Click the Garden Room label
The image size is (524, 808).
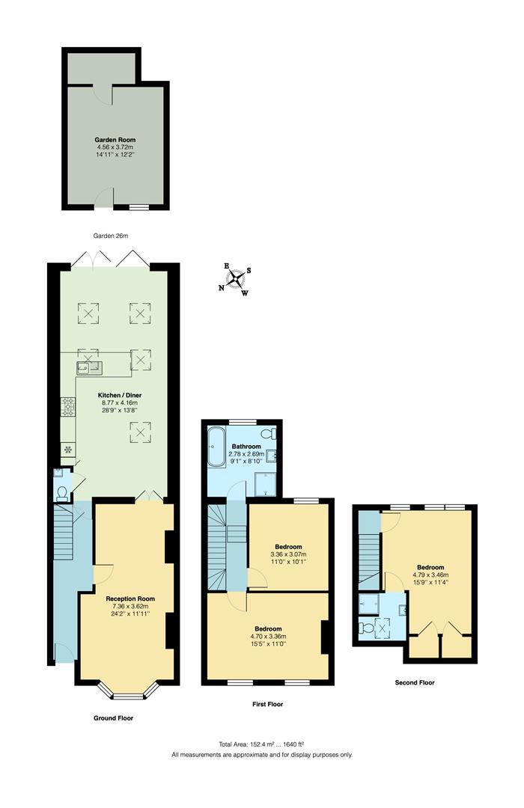(x=115, y=140)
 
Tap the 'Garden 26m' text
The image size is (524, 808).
(x=111, y=236)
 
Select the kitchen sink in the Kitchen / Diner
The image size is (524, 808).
(x=88, y=367)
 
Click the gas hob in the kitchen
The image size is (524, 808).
(x=68, y=405)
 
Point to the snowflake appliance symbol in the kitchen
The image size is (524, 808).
(x=68, y=450)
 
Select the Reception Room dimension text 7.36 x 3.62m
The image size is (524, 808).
(x=130, y=606)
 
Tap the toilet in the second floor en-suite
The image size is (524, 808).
(x=366, y=628)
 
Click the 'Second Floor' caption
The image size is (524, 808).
(x=415, y=682)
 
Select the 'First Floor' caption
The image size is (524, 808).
(x=267, y=704)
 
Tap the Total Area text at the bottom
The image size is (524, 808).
(x=261, y=744)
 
